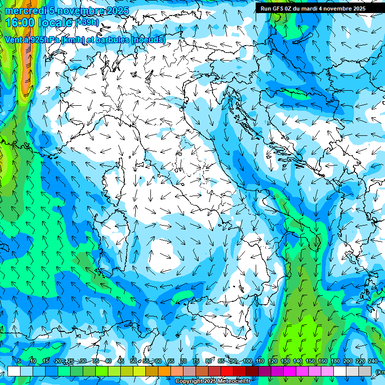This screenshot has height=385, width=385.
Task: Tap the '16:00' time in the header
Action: tap(20, 22)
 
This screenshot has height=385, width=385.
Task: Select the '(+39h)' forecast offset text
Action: tap(87, 22)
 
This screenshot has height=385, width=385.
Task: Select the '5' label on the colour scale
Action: tap(19, 361)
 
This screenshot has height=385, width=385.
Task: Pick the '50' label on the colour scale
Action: tap(133, 361)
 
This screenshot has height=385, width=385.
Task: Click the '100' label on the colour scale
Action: tap(248, 361)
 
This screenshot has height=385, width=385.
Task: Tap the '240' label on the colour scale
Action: tap(373, 361)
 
